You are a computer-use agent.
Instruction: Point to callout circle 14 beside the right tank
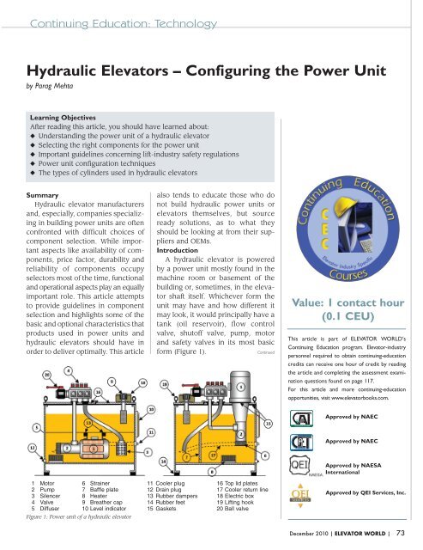click(x=164, y=461)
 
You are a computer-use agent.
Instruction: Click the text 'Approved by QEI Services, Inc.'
click(x=365, y=498)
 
